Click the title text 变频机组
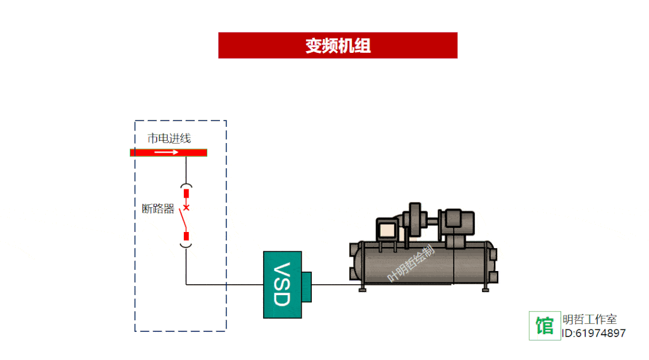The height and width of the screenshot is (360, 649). (x=338, y=46)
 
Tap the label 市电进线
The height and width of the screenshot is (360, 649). (x=169, y=138)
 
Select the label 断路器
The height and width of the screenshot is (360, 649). (x=158, y=209)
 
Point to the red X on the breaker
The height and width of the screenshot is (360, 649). (x=186, y=208)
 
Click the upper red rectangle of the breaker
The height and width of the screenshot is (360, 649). (x=186, y=194)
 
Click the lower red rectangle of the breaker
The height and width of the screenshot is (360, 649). (x=186, y=236)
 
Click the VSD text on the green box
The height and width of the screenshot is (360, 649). (x=281, y=284)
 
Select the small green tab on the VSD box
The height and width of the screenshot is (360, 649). (x=307, y=284)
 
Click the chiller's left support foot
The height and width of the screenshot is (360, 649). (x=362, y=288)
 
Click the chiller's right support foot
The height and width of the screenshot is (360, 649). (x=486, y=288)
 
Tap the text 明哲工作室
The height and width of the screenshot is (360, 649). (x=590, y=320)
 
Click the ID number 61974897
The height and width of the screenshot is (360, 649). (x=600, y=334)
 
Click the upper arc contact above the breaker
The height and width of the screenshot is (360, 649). (x=186, y=186)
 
